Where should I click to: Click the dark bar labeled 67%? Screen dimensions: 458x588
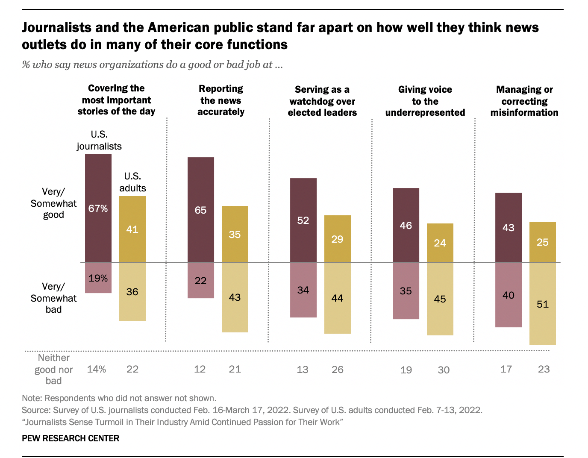[x=98, y=208]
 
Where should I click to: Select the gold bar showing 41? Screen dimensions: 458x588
[x=132, y=229]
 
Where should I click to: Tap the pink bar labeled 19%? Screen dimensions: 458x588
[x=98, y=278]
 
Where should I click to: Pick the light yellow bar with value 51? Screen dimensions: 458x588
[x=543, y=304]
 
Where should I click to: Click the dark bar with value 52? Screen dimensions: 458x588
[x=303, y=220]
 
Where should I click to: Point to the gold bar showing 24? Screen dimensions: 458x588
[x=440, y=243]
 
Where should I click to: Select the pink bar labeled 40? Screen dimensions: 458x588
[x=509, y=295]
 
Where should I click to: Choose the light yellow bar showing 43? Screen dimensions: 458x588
[x=235, y=297]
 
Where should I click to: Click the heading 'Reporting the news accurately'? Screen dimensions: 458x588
[x=221, y=100]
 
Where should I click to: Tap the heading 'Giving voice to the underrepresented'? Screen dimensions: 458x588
[x=425, y=101]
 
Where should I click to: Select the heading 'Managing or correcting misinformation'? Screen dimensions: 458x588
[x=524, y=101]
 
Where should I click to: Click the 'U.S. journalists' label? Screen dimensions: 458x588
[x=99, y=140]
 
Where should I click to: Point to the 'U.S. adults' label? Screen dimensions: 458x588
[x=132, y=182]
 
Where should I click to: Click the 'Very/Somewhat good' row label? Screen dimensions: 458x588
[x=53, y=203]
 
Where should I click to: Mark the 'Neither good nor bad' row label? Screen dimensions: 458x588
[x=54, y=369]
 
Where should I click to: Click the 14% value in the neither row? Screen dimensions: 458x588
[x=97, y=369]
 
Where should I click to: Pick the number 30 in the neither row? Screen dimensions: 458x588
[x=444, y=370]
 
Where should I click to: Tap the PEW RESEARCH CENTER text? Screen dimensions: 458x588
[x=71, y=438]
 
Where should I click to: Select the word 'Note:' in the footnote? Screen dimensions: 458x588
[x=32, y=398]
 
